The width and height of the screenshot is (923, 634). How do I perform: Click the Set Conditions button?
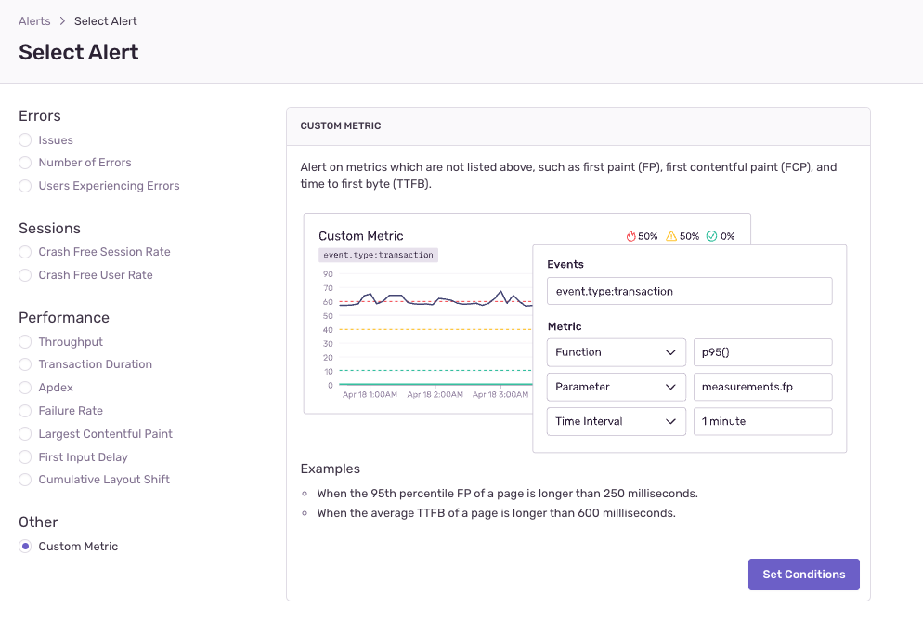tap(803, 575)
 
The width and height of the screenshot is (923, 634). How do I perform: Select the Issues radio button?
tap(25, 140)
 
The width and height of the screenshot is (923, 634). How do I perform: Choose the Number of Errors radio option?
tap(25, 163)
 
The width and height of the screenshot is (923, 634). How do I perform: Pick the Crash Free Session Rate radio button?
tap(25, 252)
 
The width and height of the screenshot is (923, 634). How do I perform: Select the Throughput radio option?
tap(25, 342)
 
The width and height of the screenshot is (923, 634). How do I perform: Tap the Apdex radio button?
tap(25, 388)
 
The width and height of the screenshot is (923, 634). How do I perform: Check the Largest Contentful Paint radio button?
tap(25, 434)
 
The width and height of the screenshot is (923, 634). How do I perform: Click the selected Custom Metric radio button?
tap(25, 547)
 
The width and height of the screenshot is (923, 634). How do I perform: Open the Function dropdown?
tap(616, 352)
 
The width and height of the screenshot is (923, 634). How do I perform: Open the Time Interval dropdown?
tap(616, 421)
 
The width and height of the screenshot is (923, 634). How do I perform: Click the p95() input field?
tap(762, 352)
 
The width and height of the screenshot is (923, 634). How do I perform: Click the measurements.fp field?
tap(762, 387)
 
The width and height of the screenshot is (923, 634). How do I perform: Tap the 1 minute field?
tap(762, 421)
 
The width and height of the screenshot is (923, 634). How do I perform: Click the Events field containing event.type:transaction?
tap(689, 291)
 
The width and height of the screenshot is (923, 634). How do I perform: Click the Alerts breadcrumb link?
tap(34, 21)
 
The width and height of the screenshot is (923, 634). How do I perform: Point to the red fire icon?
tap(631, 236)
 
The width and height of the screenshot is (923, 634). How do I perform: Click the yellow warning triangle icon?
tap(671, 236)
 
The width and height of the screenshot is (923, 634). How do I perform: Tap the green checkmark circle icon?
tap(711, 236)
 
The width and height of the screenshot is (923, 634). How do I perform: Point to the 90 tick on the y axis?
tap(328, 274)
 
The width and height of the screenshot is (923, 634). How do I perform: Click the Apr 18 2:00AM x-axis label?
tap(435, 395)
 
